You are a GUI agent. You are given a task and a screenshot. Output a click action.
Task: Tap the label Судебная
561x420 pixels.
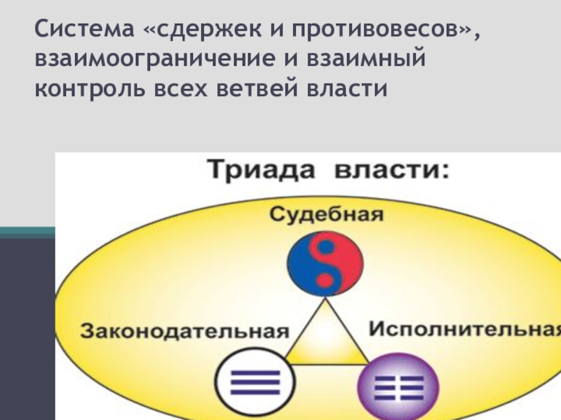[x=327, y=213]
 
